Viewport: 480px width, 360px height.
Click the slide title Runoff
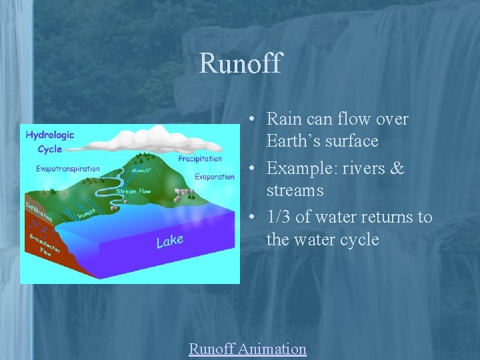240,64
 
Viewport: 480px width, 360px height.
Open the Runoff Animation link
247,349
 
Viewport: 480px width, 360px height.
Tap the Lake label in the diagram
170,240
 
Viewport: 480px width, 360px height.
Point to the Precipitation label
200,159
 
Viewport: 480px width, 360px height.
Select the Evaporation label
215,177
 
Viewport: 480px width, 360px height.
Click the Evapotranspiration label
68,169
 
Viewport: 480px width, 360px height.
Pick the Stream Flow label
133,191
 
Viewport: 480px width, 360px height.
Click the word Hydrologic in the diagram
50,135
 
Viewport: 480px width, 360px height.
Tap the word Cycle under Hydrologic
50,149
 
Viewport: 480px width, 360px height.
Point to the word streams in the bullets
295,191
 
